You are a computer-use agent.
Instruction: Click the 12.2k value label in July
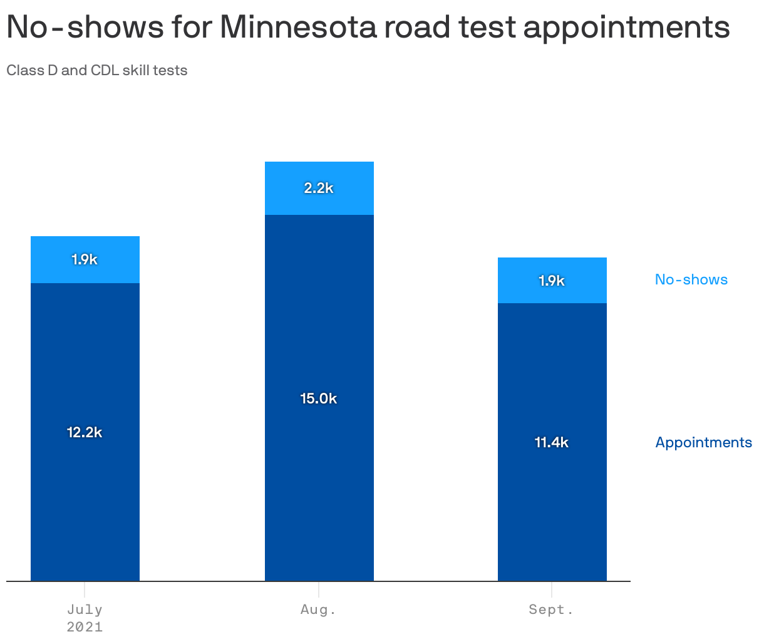(x=85, y=432)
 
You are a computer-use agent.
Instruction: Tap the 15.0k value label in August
(x=319, y=398)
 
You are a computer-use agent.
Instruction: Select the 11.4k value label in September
(x=552, y=442)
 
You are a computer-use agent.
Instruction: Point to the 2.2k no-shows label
(x=319, y=188)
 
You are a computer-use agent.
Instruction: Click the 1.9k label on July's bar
(x=85, y=259)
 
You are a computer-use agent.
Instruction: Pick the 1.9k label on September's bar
(x=552, y=281)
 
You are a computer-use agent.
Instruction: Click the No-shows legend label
(x=691, y=279)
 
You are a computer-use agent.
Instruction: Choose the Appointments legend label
(x=703, y=442)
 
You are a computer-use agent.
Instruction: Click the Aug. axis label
(x=319, y=610)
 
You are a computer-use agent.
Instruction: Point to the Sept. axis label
(x=552, y=610)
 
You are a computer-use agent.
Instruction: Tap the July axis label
(x=85, y=610)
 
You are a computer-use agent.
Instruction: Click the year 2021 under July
(x=85, y=626)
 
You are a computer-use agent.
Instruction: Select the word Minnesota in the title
(x=299, y=28)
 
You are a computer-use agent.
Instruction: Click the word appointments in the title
(x=626, y=28)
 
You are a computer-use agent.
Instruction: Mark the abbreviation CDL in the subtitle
(x=105, y=70)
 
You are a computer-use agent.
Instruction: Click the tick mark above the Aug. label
(x=319, y=590)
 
